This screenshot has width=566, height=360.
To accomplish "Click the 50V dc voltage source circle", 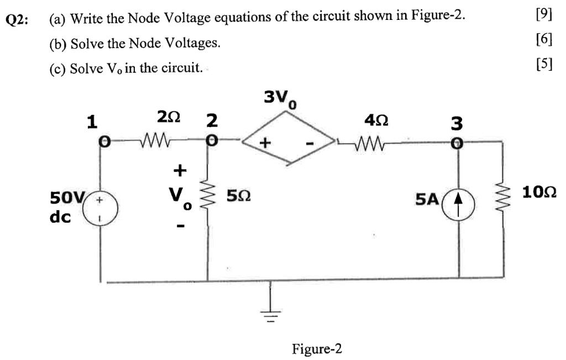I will [x=101, y=210].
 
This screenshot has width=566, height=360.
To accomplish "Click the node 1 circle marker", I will [x=102, y=142].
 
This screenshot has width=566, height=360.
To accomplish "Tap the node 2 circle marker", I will [x=208, y=142].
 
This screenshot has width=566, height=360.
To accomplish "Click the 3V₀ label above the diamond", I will [x=281, y=98].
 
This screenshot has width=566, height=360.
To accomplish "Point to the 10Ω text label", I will [x=538, y=192].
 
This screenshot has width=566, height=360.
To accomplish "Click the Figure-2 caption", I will [x=317, y=349].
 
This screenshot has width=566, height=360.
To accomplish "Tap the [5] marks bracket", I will [x=544, y=64].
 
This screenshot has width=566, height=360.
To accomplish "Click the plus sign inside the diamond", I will [x=266, y=143].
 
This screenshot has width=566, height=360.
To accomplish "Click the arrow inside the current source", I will [x=458, y=210].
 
